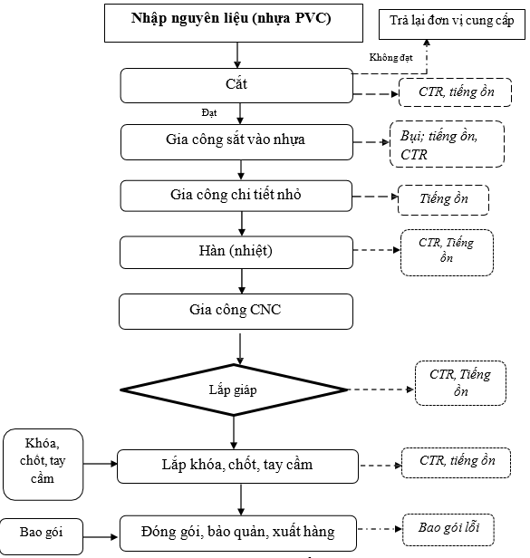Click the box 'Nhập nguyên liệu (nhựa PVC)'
[234, 24]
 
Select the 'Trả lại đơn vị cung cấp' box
[452, 24]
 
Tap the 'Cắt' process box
[236, 86]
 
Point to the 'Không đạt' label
[390, 57]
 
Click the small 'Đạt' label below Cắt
[209, 113]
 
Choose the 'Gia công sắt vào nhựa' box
[236, 142]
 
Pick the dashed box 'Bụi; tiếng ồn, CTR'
[447, 144]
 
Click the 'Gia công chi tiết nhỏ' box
[236, 196]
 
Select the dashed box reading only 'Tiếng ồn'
[443, 200]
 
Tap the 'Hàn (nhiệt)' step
[236, 253]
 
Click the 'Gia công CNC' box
[236, 312]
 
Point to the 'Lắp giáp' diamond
[234, 390]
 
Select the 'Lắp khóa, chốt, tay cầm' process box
[237, 467]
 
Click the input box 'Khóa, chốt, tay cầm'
[43, 465]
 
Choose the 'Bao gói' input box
[42, 536]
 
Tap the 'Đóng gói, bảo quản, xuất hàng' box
[238, 533]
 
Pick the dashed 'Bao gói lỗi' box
[448, 530]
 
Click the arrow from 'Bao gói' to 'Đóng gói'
[101, 536]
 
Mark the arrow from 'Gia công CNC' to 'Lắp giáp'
[240, 349]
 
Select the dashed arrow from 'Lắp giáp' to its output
[381, 390]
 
